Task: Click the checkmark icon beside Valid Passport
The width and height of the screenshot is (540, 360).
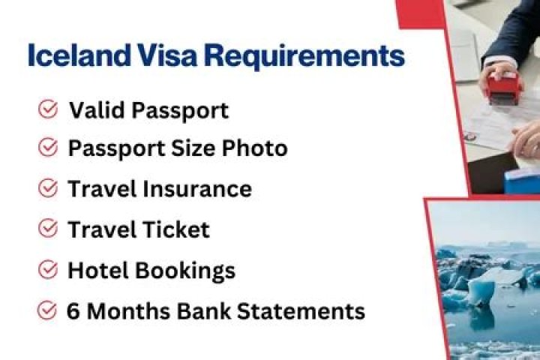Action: point(48,110)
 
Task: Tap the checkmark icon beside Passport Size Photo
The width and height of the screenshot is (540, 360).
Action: point(48,148)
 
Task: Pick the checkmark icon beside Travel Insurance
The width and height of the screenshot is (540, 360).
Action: point(48,188)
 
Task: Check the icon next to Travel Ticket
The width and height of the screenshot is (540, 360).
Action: point(48,228)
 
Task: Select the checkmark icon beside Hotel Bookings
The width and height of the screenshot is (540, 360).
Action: point(48,269)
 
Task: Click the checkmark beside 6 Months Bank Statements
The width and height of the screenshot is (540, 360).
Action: point(48,309)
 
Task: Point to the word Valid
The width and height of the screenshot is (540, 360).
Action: point(94,111)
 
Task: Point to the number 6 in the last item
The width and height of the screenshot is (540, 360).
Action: point(73,310)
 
